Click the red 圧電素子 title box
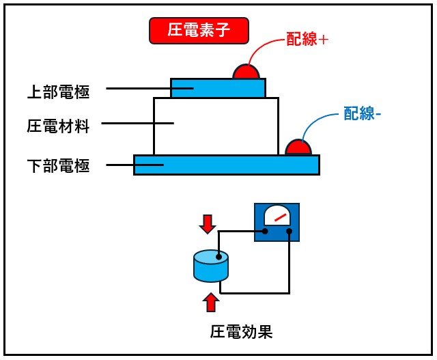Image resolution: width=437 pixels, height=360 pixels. pos(198,30)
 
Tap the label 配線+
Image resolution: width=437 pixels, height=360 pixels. pos(307,40)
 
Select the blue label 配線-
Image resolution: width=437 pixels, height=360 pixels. pos(362,114)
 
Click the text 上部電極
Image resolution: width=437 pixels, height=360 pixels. pos(58,89)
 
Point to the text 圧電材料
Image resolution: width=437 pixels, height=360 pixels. pos(58,126)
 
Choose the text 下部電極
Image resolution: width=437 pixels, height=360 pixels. pos(58,165)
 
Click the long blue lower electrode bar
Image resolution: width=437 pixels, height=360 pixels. pos(226,165)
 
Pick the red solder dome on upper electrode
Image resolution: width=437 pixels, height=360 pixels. pos(246,72)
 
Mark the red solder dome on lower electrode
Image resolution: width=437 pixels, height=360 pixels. pos(298,148)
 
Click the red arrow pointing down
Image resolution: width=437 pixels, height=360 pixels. pos(208,223)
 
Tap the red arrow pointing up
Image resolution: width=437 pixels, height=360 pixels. pos(212,301)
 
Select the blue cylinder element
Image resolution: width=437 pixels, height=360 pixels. pos(210,271)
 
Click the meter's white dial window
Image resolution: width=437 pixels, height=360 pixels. pos(276,217)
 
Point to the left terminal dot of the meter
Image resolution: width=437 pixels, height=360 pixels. pos(265,231)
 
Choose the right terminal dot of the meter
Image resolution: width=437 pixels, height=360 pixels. pos(289,231)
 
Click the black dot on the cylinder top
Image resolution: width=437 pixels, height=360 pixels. pos(218,258)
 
